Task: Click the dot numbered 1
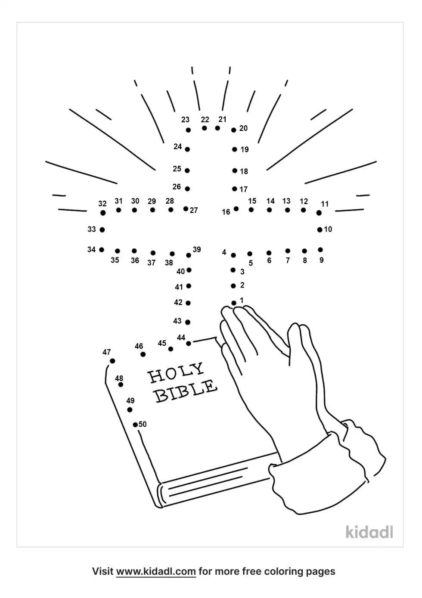234,303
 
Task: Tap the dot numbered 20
234,130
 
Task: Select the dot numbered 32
102,213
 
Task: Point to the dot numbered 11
319,213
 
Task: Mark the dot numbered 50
135,424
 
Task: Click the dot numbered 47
112,361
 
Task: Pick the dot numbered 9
320,250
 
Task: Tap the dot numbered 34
102,250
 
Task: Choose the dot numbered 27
186,209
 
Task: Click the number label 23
185,120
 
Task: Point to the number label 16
226,212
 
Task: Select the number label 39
197,250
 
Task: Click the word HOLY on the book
176,373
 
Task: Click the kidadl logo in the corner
369,532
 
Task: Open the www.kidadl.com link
156,572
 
